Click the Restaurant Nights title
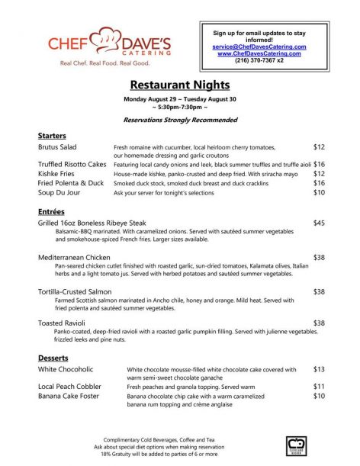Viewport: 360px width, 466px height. click(179, 85)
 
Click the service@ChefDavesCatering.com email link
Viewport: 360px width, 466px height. click(259, 47)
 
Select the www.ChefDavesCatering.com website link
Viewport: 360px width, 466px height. click(259, 53)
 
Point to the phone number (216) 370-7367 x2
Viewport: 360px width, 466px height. click(259, 60)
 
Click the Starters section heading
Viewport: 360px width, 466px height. click(52, 135)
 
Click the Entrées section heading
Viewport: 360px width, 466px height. click(51, 211)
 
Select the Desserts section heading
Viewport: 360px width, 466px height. click(53, 358)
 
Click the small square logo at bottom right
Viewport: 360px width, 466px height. click(296, 446)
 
